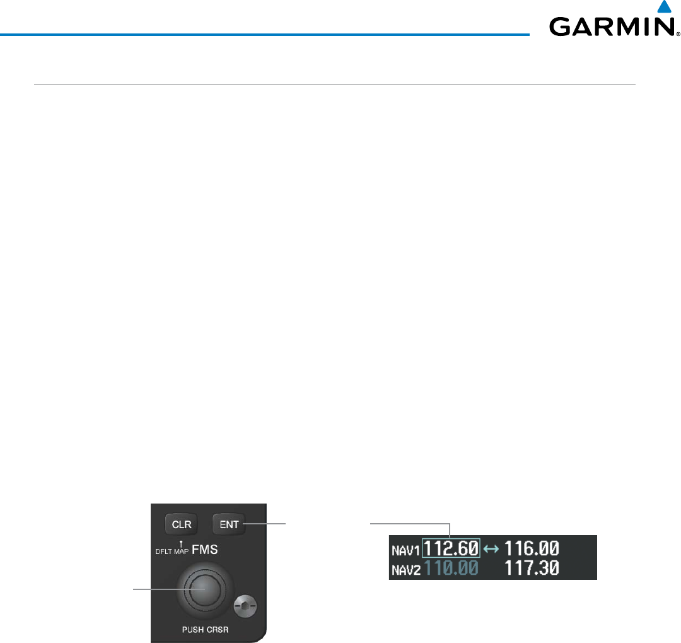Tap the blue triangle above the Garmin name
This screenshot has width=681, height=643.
[663, 7]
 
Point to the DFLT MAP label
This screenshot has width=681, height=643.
[171, 552]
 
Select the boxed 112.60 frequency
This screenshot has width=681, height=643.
[451, 548]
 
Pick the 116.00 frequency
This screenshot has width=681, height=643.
[531, 548]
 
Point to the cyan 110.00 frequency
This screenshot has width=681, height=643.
[451, 568]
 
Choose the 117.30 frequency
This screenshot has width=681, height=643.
[531, 568]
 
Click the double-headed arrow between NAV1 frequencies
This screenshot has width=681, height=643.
[491, 548]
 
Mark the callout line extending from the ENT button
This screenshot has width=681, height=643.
[265, 523]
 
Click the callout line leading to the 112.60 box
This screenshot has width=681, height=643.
[410, 523]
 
